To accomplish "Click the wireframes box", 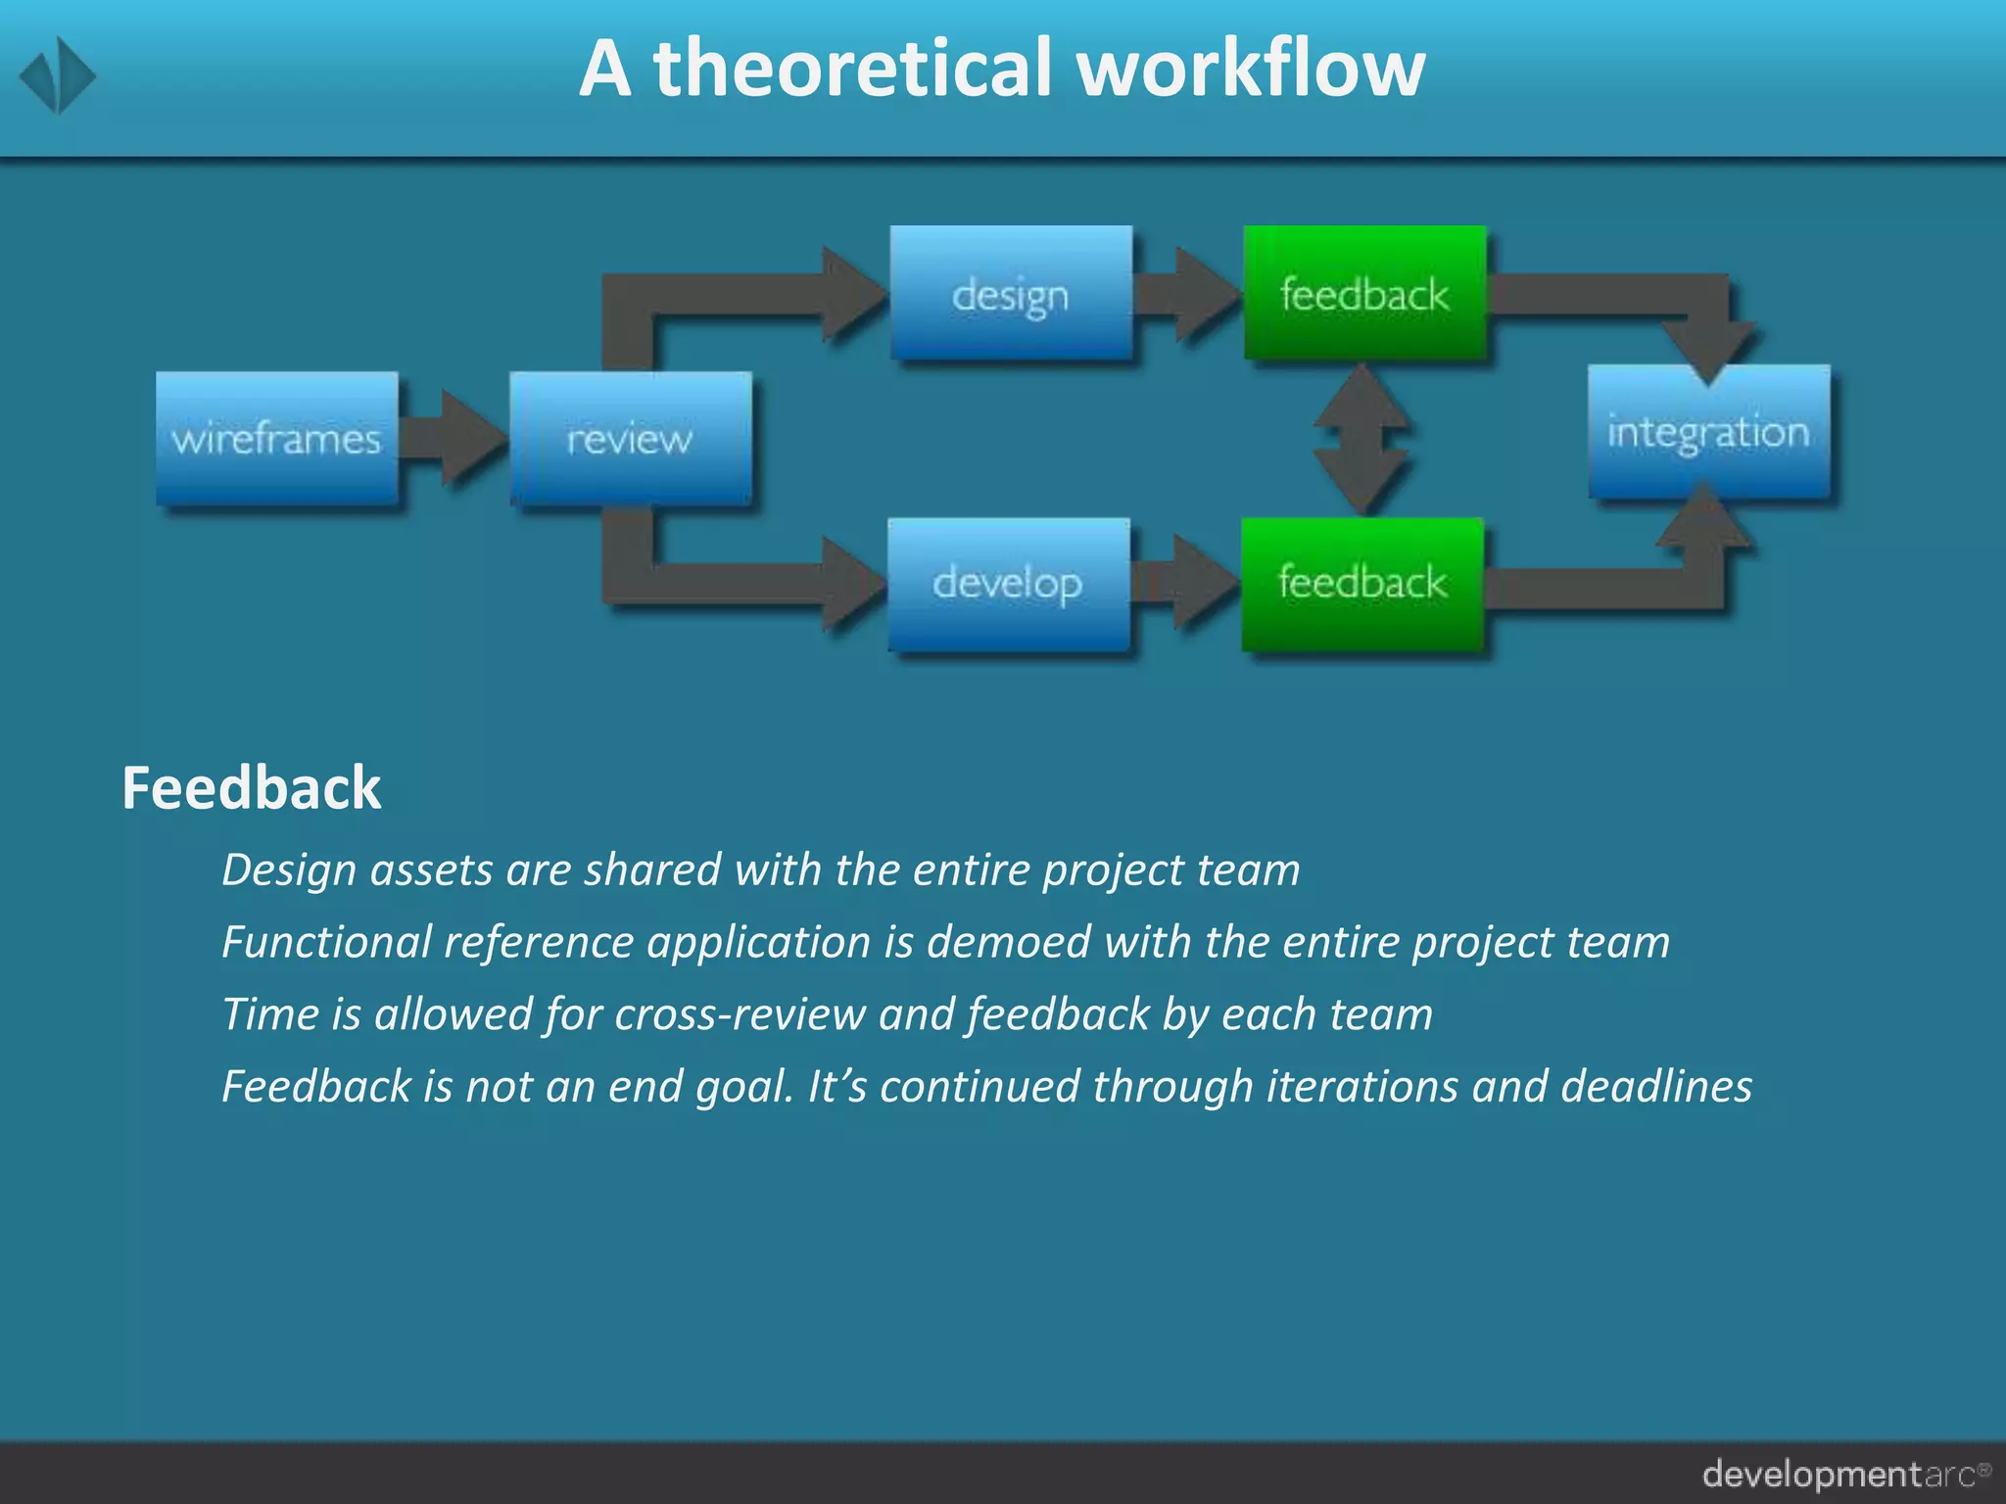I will [277, 438].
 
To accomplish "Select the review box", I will [631, 438].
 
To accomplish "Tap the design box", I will [1011, 293].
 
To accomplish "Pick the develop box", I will [1009, 584].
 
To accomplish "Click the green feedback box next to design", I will [1364, 293].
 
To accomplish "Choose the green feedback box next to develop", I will [1362, 584].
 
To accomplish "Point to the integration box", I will [1708, 432].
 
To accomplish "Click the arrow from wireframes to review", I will [456, 438].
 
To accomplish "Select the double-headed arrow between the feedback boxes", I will [1361, 439].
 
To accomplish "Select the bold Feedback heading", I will [251, 788].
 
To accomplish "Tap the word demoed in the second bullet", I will [1008, 942].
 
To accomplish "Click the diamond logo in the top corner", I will [58, 75].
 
